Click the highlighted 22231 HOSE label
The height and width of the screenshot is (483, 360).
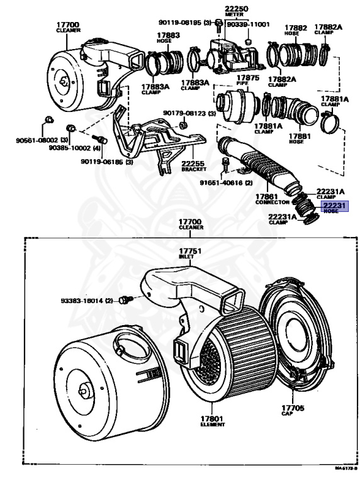pyautogui.click(x=335, y=207)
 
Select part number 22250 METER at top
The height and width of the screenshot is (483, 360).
pyautogui.click(x=236, y=11)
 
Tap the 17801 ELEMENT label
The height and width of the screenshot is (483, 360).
pyautogui.click(x=213, y=421)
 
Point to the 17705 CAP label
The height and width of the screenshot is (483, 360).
pyautogui.click(x=293, y=410)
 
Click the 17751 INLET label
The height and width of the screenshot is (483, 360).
pyautogui.click(x=190, y=253)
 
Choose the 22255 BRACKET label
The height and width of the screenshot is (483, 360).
pyautogui.click(x=194, y=166)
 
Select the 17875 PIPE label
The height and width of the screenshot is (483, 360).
pyautogui.click(x=248, y=80)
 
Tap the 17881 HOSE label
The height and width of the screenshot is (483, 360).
pyautogui.click(x=300, y=138)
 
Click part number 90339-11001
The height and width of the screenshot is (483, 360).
pyautogui.click(x=248, y=25)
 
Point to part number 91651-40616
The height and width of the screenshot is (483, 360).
pyautogui.click(x=226, y=182)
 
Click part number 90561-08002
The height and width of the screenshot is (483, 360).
pyautogui.click(x=42, y=140)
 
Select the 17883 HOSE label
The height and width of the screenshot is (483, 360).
pyautogui.click(x=168, y=38)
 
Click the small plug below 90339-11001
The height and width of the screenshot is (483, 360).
pyautogui.click(x=247, y=42)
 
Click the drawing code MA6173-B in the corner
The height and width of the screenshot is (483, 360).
pyautogui.click(x=346, y=477)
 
